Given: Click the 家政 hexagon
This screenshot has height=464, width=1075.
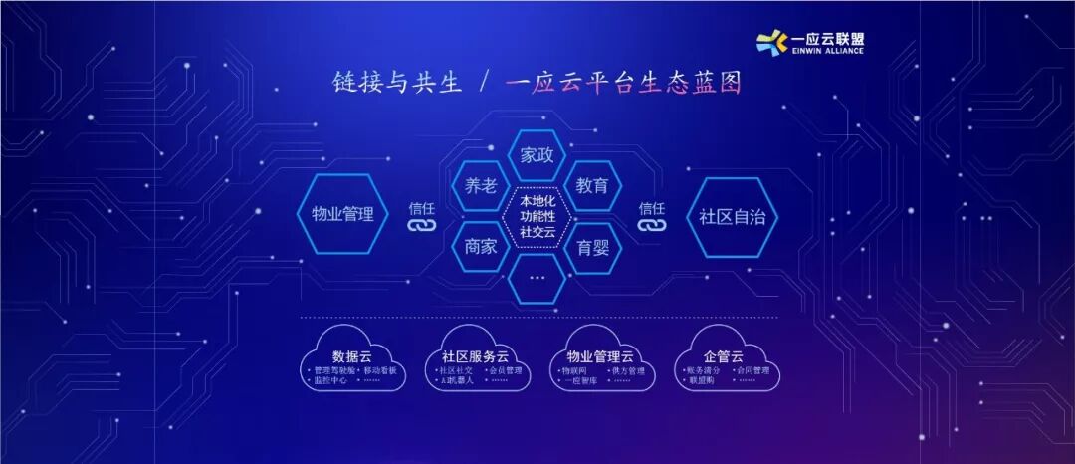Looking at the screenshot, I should [x=537, y=156].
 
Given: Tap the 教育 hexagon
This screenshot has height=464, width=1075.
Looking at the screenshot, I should [x=593, y=186].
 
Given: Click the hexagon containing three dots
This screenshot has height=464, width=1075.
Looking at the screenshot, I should [x=537, y=277].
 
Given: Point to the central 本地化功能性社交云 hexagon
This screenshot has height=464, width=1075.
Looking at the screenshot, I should [x=537, y=216].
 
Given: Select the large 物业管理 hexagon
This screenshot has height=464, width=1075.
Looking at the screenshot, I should [x=342, y=214].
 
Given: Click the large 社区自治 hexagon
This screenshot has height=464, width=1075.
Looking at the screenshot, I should [x=733, y=216].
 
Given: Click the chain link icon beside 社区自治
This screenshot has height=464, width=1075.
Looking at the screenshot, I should [x=652, y=227].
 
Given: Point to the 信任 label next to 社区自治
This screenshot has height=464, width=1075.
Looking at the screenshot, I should [x=652, y=208].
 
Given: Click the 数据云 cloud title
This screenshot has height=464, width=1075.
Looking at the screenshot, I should [x=352, y=355].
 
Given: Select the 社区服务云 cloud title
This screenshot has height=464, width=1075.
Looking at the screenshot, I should [x=475, y=355].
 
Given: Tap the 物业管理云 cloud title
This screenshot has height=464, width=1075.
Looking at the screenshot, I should [x=600, y=355].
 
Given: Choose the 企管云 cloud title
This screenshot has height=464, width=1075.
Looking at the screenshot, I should [x=723, y=355].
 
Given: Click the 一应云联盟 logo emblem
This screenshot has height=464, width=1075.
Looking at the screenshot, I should [x=772, y=41].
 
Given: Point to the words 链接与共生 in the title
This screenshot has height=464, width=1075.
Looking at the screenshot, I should [x=397, y=83].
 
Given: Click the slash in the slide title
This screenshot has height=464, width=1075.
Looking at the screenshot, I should [x=483, y=83].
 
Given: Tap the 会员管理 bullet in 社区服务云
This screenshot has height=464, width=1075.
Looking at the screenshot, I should [x=502, y=370].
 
